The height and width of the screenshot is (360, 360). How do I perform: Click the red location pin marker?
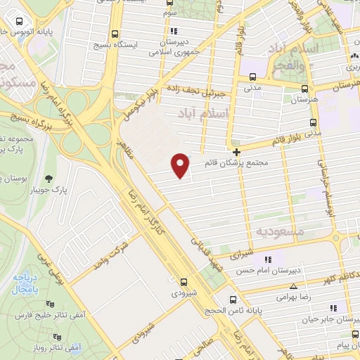tap(181, 165)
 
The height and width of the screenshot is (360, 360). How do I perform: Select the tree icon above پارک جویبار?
tap(49, 178)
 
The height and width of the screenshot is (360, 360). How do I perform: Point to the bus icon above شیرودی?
tap(183, 281)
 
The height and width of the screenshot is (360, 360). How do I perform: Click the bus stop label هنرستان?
tap(304, 100)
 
